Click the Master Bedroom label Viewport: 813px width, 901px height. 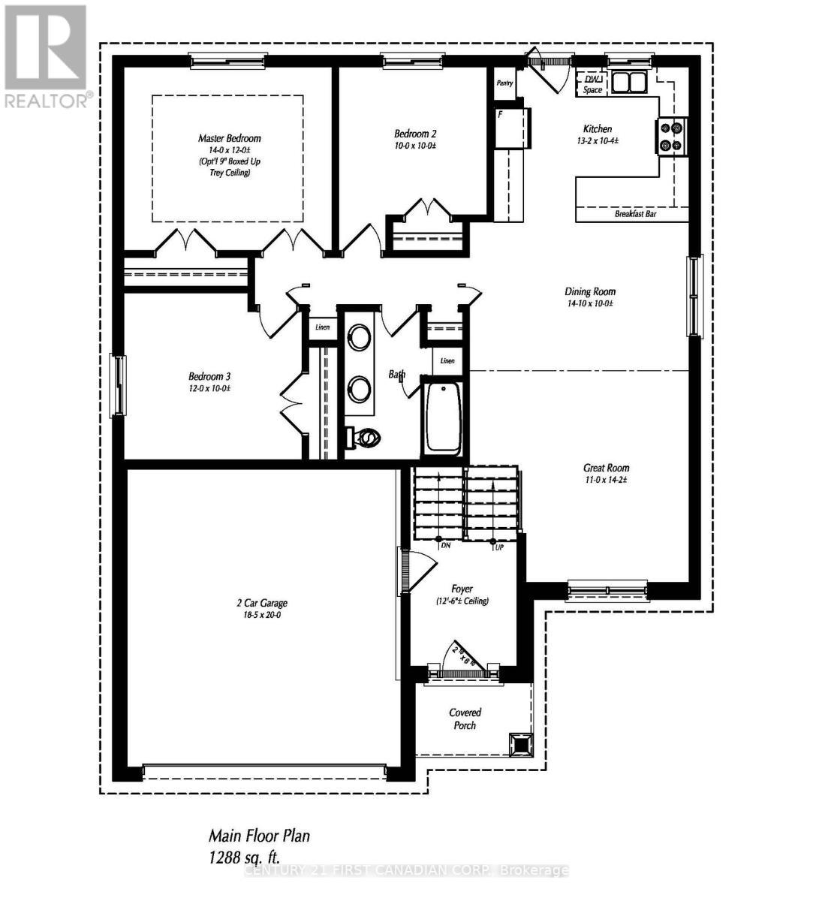(229, 138)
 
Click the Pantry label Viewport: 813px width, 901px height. (504, 83)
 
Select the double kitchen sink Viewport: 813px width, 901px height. (628, 81)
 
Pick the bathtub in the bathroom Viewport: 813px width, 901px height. (443, 417)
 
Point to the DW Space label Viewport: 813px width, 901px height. (592, 84)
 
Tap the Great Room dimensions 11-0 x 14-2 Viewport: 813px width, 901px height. (606, 479)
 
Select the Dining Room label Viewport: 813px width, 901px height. (590, 291)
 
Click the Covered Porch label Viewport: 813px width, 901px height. (465, 719)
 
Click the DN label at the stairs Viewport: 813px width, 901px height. (445, 546)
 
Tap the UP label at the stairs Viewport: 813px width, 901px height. (498, 547)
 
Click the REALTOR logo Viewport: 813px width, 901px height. (46, 57)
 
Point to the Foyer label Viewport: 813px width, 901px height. (462, 589)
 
